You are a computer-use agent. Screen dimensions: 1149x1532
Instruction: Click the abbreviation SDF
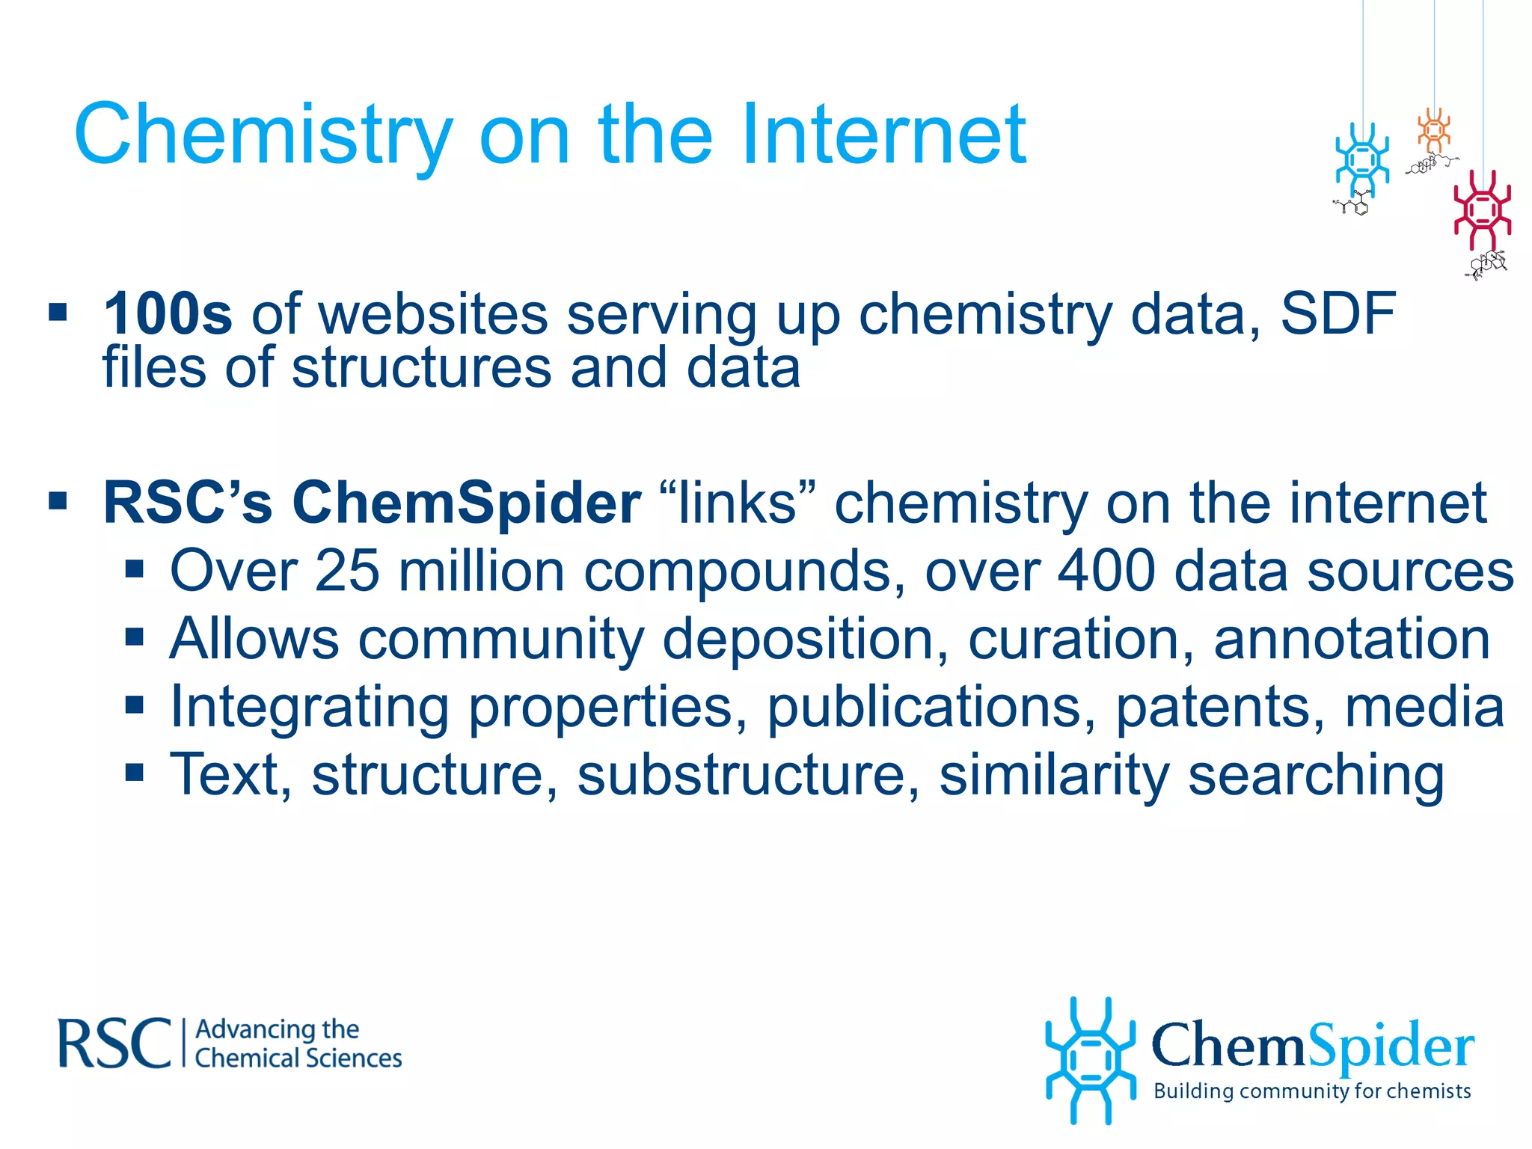tap(1338, 314)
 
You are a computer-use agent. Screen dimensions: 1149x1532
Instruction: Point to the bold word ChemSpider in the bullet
tap(466, 503)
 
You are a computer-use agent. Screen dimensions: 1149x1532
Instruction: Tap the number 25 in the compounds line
tap(347, 572)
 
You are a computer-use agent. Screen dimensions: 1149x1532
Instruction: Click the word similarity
tap(1053, 775)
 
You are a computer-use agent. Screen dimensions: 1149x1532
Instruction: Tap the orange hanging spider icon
tap(1434, 131)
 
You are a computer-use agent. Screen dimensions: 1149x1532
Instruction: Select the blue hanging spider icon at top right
tap(1362, 161)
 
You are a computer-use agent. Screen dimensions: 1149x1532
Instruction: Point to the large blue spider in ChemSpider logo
tap(1090, 1060)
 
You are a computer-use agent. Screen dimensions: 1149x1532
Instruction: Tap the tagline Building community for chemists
tap(1312, 1091)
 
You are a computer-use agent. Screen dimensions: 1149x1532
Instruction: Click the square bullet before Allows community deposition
tap(135, 638)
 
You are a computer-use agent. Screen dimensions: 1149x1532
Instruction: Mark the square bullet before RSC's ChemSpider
tap(58, 500)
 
